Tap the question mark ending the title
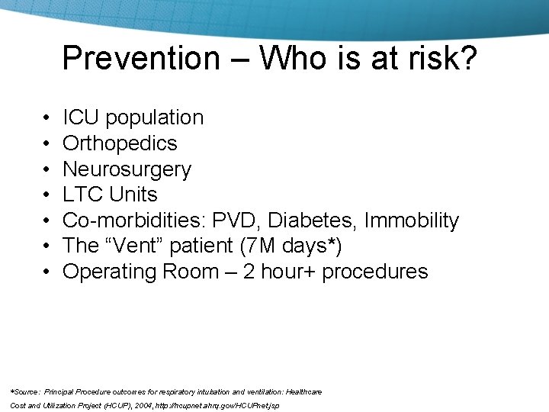467,58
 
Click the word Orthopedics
120,143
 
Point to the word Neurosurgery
127,169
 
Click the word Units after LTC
133,195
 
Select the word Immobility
412,220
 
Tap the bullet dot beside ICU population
47,118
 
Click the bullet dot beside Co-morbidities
47,221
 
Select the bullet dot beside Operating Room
47,272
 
